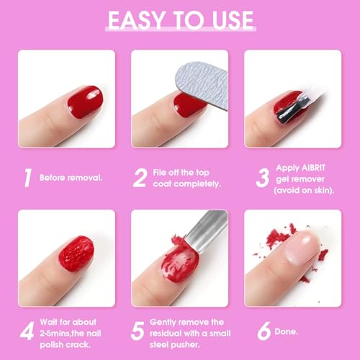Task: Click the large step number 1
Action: (x=28, y=178)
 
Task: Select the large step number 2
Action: (x=140, y=178)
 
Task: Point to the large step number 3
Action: (x=263, y=178)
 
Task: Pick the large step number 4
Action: (x=27, y=331)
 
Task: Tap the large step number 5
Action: (x=138, y=331)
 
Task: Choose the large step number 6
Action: (x=264, y=331)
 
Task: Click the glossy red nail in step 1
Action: (x=85, y=102)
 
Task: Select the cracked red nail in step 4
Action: (x=76, y=253)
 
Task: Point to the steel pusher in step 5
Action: (x=207, y=230)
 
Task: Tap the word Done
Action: (x=286, y=331)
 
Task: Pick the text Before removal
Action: (x=71, y=178)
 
